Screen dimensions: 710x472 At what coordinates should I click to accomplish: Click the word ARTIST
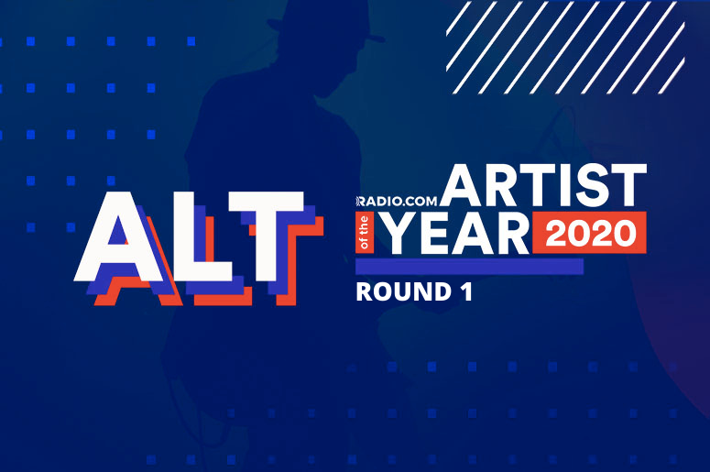tap(543, 185)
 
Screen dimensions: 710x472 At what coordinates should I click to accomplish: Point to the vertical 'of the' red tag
tap(364, 234)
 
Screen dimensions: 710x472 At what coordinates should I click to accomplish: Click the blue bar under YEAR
tap(470, 267)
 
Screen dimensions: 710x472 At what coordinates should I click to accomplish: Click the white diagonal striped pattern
tap(565, 47)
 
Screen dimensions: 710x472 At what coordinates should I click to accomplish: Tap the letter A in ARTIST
tap(462, 185)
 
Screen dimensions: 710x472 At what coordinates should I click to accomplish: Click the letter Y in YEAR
tap(402, 234)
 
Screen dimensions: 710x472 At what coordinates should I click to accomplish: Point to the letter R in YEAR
tap(512, 234)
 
